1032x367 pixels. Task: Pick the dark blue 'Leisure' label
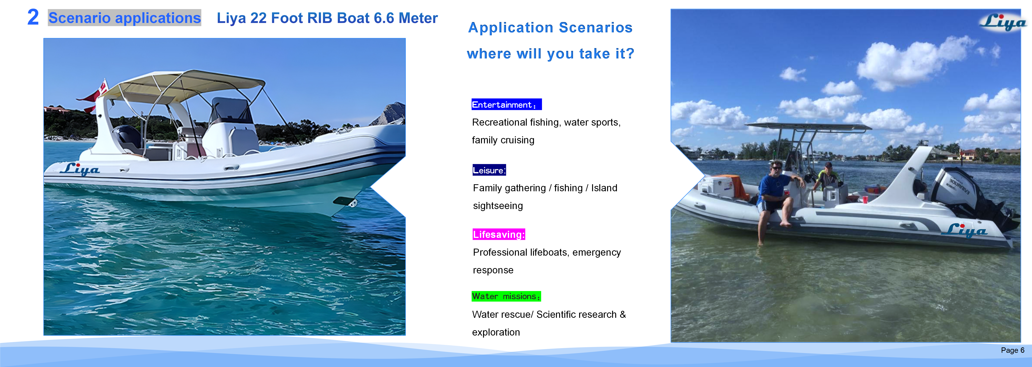[x=489, y=170]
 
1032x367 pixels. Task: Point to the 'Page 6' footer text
[x=1012, y=350]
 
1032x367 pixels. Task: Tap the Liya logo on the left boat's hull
[x=80, y=169]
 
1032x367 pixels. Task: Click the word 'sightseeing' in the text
[x=497, y=206]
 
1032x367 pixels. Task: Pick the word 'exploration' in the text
[x=496, y=332]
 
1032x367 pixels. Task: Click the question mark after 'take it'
[x=630, y=53]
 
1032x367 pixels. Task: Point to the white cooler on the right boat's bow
[x=717, y=186]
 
